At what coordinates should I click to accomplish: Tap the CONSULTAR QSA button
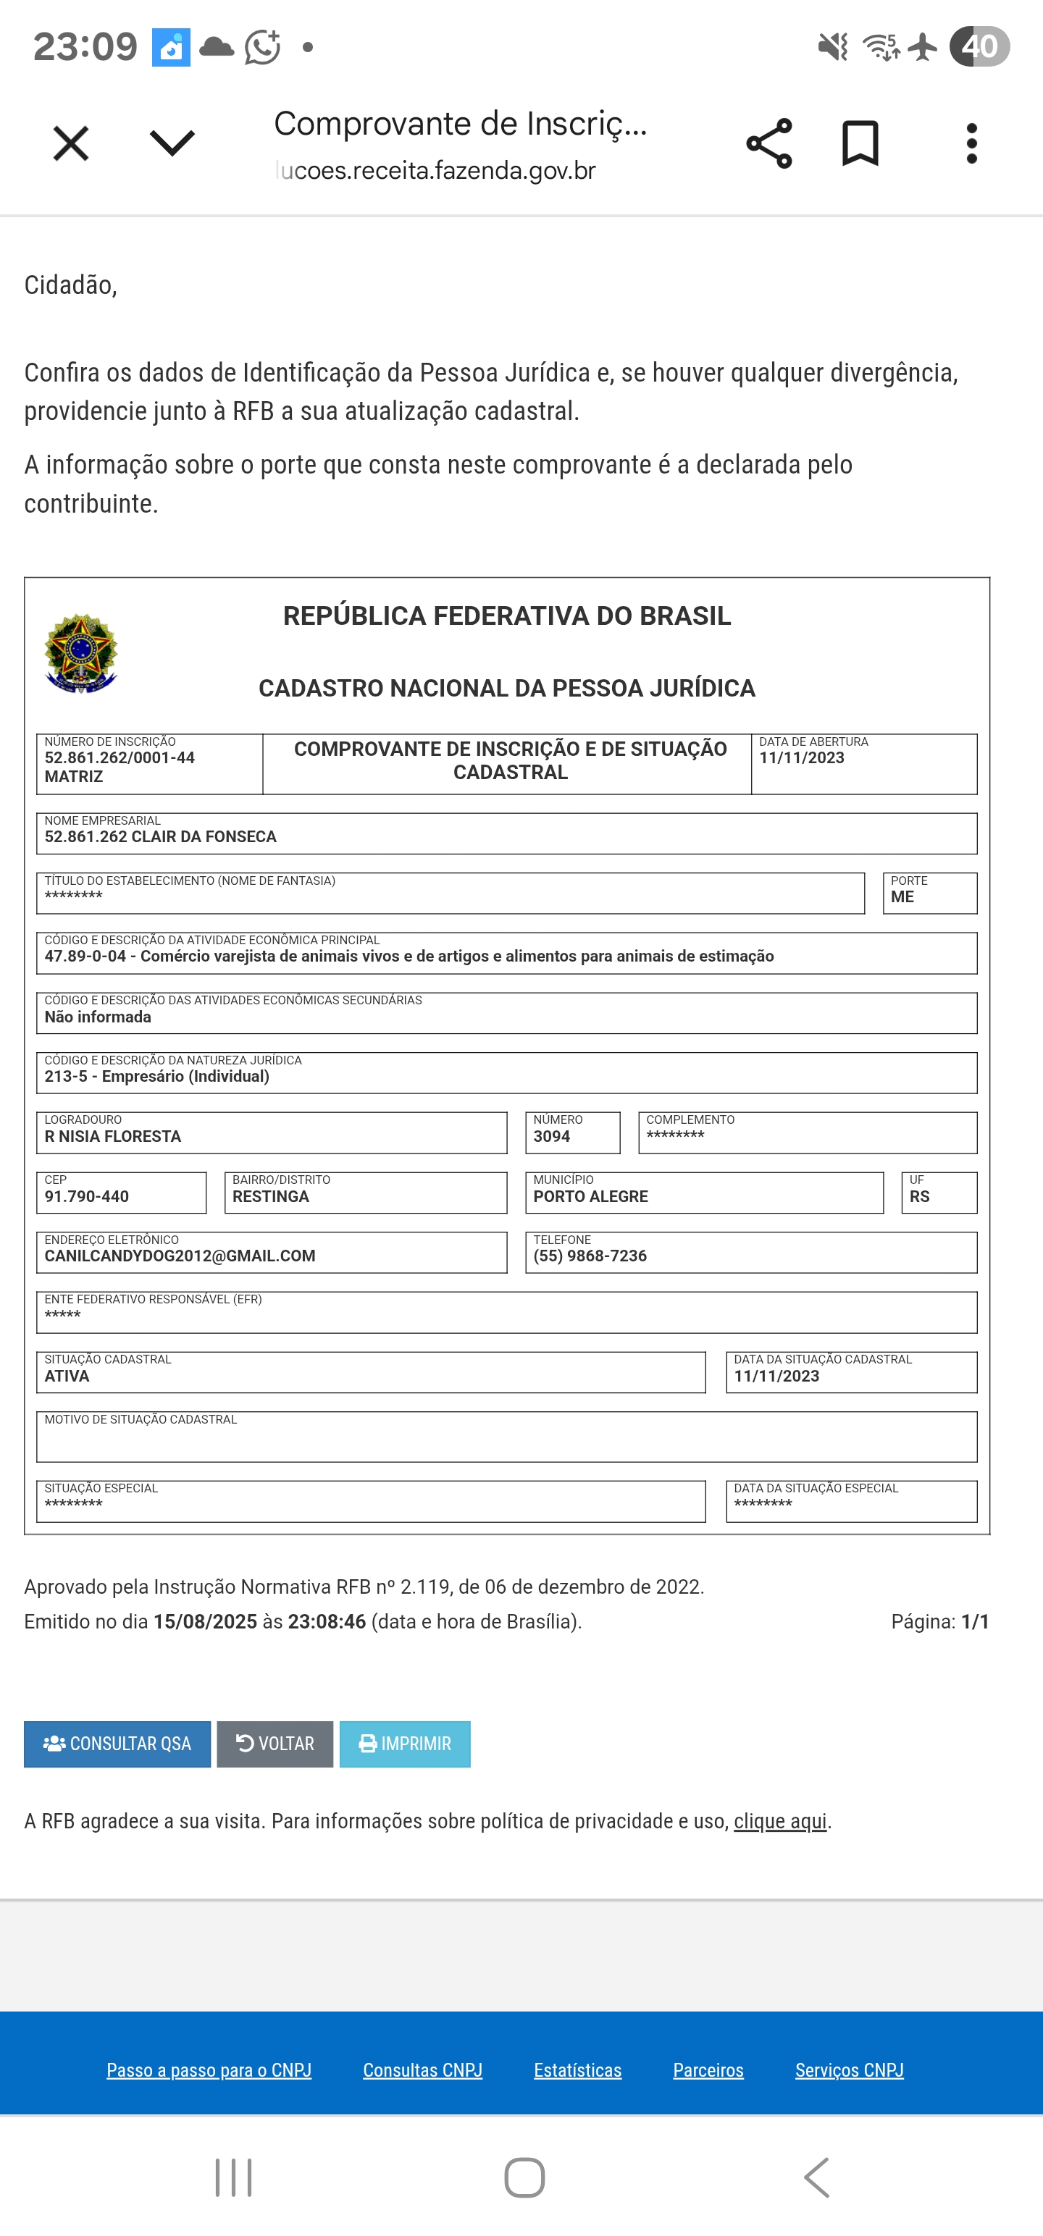point(117,1744)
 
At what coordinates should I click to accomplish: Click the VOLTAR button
point(275,1744)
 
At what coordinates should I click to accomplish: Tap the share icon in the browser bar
point(768,143)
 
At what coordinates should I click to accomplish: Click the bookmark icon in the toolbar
point(860,143)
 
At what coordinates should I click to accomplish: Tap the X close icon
point(70,143)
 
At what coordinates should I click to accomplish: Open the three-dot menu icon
point(972,143)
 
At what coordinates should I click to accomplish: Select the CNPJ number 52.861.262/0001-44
point(120,758)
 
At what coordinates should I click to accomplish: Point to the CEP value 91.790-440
point(87,1196)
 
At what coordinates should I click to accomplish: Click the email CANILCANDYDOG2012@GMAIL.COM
point(180,1256)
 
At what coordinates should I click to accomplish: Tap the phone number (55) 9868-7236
point(590,1256)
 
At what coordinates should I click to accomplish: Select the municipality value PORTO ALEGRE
point(590,1196)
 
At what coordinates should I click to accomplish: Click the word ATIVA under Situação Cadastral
point(67,1376)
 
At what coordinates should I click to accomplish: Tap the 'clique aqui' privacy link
point(780,1821)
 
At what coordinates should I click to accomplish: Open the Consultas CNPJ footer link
point(422,2070)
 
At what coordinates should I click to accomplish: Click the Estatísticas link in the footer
point(577,2070)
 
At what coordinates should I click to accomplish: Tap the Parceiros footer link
point(708,2070)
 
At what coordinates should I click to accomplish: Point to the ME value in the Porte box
point(902,896)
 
